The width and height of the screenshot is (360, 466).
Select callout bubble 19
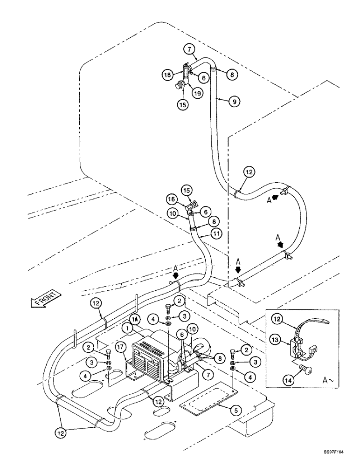pyautogui.click(x=198, y=93)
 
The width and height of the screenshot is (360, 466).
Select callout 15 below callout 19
pyautogui.click(x=183, y=105)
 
